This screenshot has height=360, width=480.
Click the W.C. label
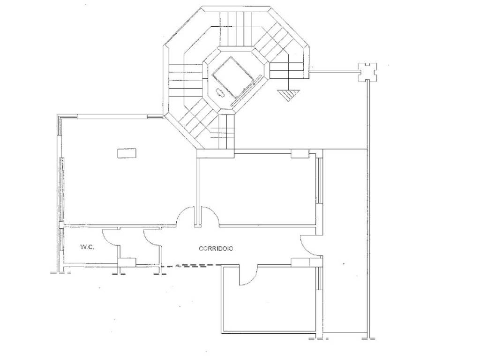[x=87, y=247]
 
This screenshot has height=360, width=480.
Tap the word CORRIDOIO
[x=216, y=248]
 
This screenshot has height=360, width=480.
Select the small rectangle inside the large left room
[x=127, y=153]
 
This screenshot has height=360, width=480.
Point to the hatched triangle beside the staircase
[x=288, y=94]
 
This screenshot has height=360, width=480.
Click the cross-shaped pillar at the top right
[x=367, y=72]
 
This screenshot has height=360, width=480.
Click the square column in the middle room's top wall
[x=300, y=154]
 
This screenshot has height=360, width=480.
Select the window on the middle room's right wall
[x=318, y=180]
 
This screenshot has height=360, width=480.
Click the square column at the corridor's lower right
[x=300, y=262]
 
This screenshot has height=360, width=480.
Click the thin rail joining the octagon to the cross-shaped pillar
[x=334, y=71]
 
